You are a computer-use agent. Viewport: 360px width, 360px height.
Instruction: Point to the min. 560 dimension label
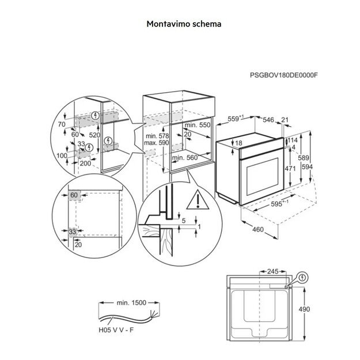pyautogui.click(x=184, y=157)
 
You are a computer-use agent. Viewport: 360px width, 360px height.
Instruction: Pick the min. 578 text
pyautogui.click(x=157, y=135)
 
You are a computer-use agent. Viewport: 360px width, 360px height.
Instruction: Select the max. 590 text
pyautogui.click(x=157, y=142)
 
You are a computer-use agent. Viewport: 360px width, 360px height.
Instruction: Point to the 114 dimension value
pyautogui.click(x=293, y=139)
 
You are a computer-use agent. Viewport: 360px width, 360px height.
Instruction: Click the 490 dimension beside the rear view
pyautogui.click(x=304, y=309)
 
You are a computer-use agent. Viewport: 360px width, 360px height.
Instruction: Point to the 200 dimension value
pyautogui.click(x=86, y=164)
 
